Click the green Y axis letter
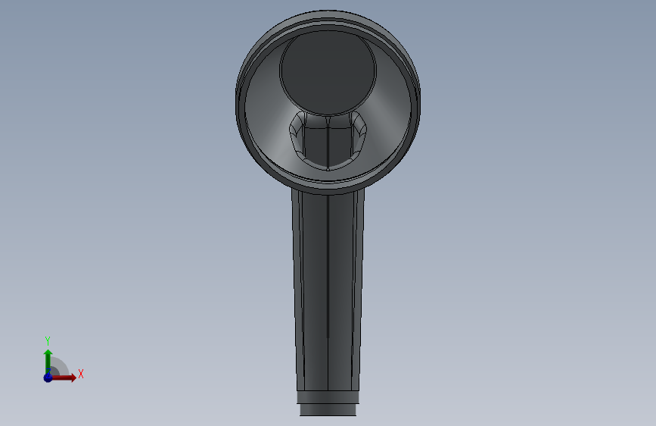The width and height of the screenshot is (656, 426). pos(48,340)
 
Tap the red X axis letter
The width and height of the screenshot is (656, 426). pos(81,374)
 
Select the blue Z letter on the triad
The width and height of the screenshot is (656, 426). pos(48,372)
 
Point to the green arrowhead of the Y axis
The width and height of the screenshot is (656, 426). pos(48,353)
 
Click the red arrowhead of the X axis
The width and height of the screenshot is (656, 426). pos(73,377)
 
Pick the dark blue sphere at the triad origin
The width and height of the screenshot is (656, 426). pos(48,377)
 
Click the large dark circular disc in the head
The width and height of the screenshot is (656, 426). pos(328,72)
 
